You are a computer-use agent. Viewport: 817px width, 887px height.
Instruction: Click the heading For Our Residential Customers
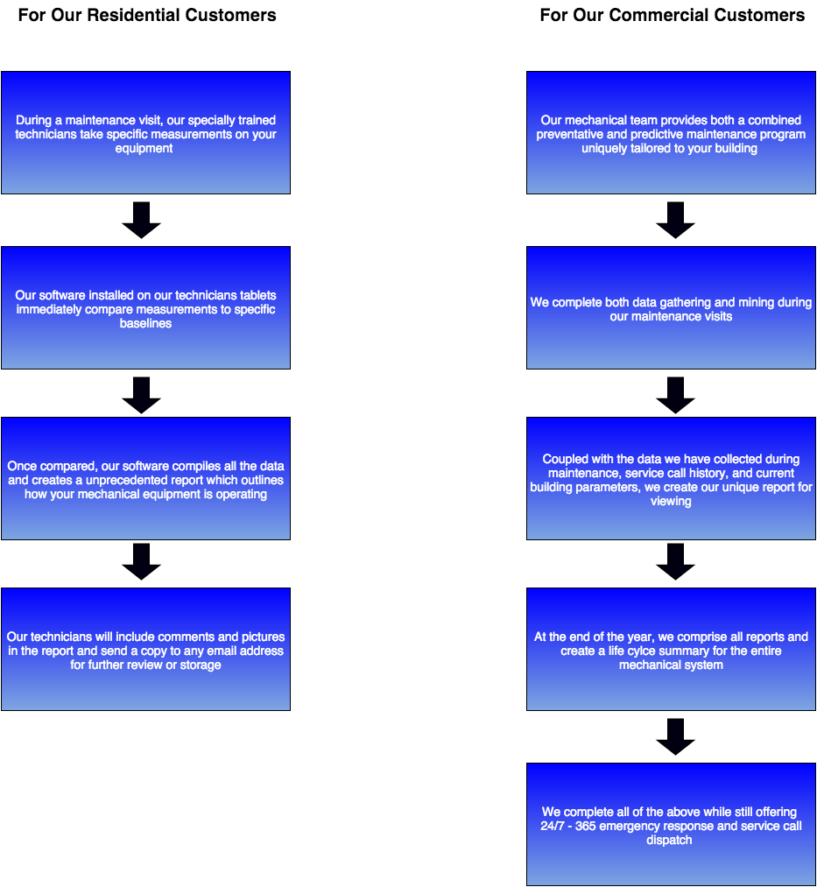[147, 15]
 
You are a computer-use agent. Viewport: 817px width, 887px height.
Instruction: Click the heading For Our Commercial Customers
[672, 15]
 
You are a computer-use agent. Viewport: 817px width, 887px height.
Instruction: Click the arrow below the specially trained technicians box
[141, 220]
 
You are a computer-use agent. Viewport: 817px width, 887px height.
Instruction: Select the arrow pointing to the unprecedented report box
[141, 395]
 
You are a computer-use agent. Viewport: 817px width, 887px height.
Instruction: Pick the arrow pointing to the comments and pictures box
[141, 561]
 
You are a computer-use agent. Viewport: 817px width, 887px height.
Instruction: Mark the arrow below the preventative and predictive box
[675, 220]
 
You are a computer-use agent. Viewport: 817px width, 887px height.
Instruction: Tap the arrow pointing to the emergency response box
[675, 736]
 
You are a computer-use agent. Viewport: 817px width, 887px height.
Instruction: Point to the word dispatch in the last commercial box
[671, 841]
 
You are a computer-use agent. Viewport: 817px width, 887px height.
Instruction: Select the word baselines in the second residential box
[145, 324]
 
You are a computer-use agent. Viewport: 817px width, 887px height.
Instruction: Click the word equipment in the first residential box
[144, 149]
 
